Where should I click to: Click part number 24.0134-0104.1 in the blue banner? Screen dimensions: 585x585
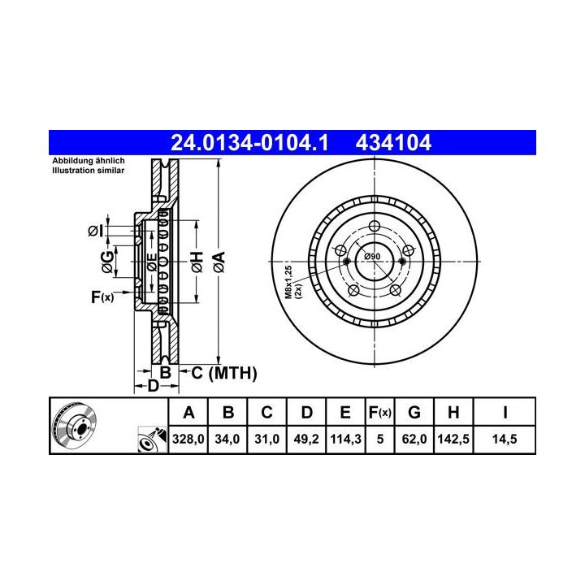coord(249,143)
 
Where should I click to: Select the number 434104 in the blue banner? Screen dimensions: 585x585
coord(393,143)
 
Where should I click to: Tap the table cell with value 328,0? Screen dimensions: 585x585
coord(188,439)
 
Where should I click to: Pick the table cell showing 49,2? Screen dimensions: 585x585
coord(306,439)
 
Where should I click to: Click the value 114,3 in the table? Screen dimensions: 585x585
coord(345,439)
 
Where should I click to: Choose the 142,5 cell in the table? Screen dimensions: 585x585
coord(453,439)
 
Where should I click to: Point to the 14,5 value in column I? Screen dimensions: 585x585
coord(505,439)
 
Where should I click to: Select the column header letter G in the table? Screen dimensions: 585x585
coord(414,412)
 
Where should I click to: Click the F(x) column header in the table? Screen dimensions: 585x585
coord(379,413)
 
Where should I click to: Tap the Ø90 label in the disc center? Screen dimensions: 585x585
coord(372,256)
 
